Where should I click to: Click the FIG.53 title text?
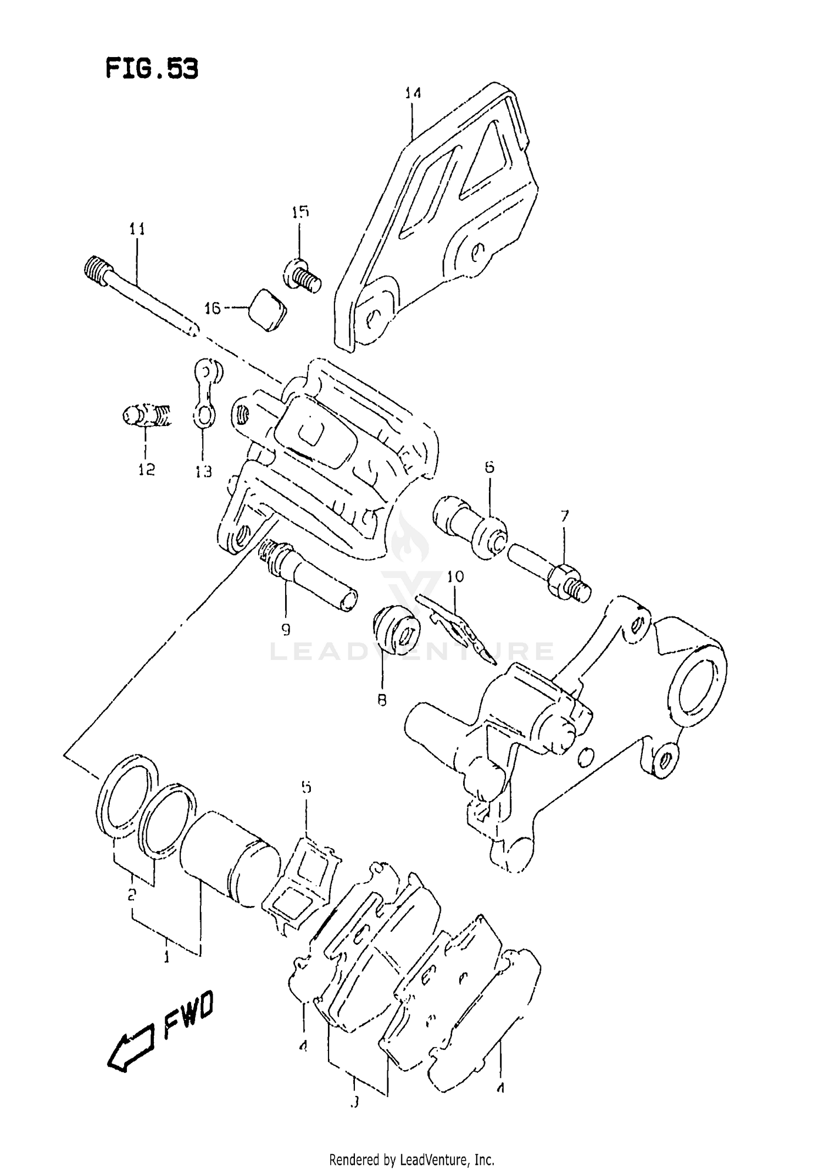152,69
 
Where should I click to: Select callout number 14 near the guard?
413,93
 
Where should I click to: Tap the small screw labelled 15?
302,276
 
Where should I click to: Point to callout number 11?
137,228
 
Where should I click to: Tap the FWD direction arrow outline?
132,1047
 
